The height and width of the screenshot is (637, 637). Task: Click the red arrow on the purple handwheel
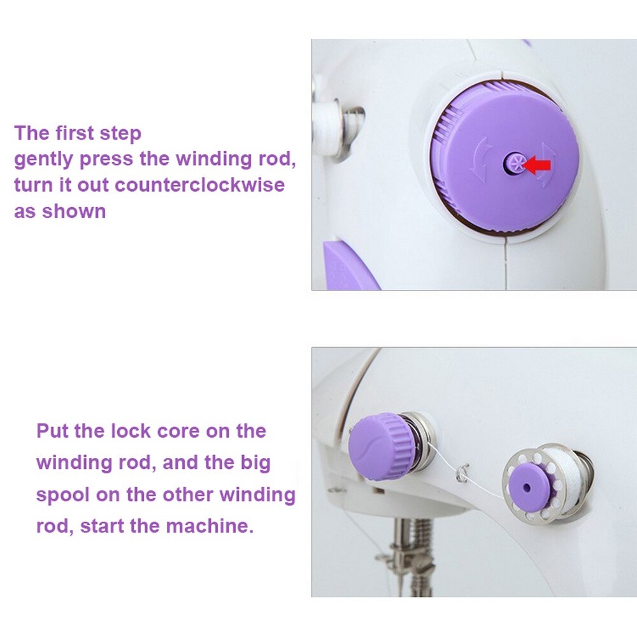[538, 166]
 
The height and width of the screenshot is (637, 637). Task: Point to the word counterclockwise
[199, 185]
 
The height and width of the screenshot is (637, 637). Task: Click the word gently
[43, 159]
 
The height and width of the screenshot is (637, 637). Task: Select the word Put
[53, 431]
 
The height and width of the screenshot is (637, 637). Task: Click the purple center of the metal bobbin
[527, 487]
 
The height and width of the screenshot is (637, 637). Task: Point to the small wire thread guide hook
[462, 473]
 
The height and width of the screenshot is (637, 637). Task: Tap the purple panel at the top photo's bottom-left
[347, 268]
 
